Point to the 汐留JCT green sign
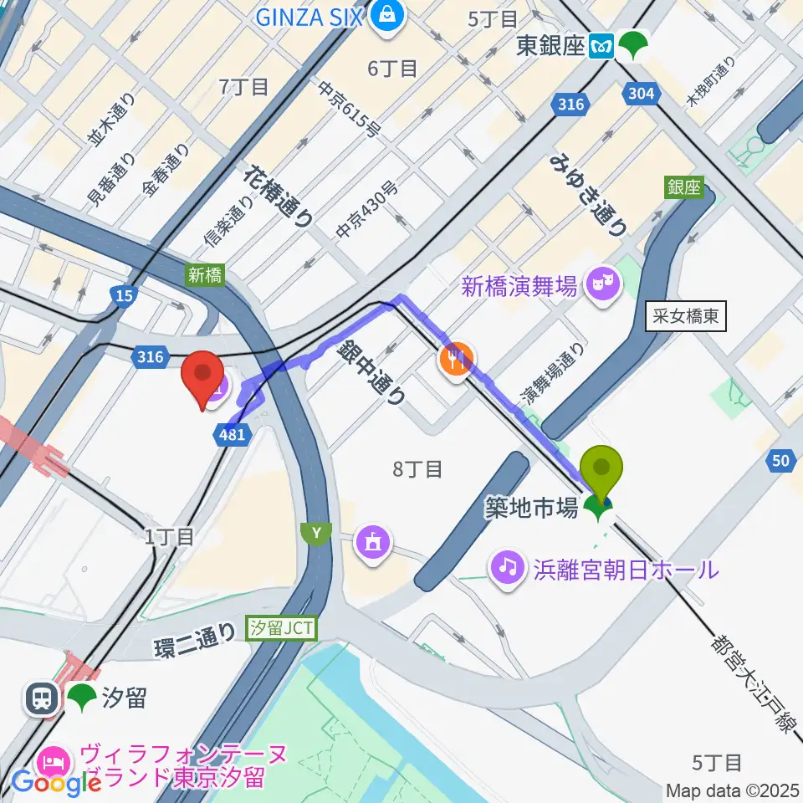[282, 627]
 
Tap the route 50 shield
[781, 459]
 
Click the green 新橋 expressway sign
[205, 275]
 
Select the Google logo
[56, 783]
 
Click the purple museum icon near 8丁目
[373, 542]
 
